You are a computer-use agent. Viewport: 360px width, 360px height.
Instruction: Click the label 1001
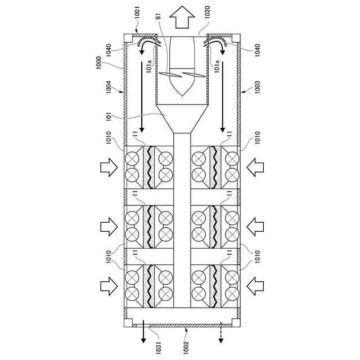point(137,13)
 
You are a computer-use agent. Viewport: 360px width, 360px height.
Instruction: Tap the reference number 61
point(158,16)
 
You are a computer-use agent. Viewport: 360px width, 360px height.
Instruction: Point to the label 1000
point(98,63)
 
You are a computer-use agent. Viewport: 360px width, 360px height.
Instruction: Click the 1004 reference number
point(109,87)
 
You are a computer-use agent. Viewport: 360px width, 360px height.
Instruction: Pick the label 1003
point(258,87)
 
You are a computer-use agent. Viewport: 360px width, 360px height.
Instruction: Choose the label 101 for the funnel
point(109,116)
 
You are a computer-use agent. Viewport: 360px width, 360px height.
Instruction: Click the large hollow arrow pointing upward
point(182,17)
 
